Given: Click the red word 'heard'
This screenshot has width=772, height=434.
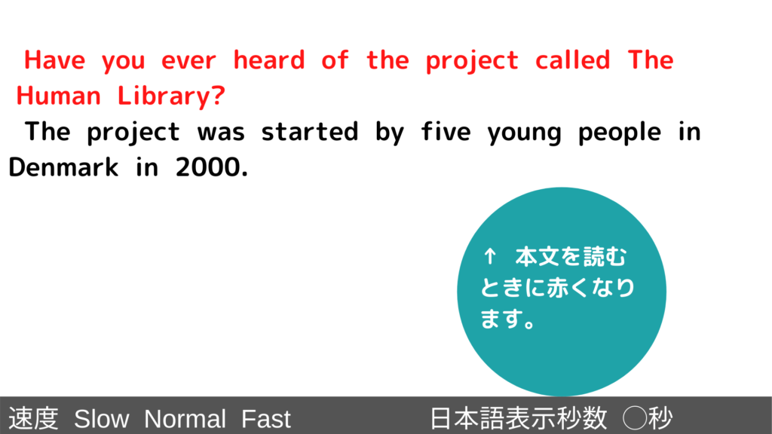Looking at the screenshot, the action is tap(269, 60).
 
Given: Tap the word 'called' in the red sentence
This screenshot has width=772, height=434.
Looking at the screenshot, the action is tap(573, 60).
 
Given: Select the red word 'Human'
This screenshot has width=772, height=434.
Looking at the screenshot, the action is tap(59, 96).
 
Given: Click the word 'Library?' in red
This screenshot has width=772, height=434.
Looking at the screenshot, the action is tap(171, 96).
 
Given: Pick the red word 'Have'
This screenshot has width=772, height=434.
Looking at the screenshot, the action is tap(54, 60).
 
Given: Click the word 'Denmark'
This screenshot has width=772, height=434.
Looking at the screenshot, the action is tap(63, 167).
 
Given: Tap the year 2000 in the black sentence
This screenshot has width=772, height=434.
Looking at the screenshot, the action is tap(212, 168).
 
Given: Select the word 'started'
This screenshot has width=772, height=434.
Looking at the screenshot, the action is tap(309, 132).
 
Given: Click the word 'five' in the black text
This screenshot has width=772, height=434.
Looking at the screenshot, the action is tap(446, 131).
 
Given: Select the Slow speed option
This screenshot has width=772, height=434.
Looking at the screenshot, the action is tap(102, 419).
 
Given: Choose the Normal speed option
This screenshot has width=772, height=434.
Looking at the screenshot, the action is tap(185, 419).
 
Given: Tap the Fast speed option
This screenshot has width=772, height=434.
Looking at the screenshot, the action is tap(266, 419).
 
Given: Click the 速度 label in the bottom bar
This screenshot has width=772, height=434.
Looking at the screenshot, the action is tap(33, 419).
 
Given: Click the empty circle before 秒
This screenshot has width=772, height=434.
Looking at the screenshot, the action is tap(635, 418).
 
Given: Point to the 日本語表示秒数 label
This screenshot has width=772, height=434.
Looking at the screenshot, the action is tap(519, 419).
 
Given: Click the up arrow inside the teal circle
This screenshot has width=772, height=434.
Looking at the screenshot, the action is tap(489, 256).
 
